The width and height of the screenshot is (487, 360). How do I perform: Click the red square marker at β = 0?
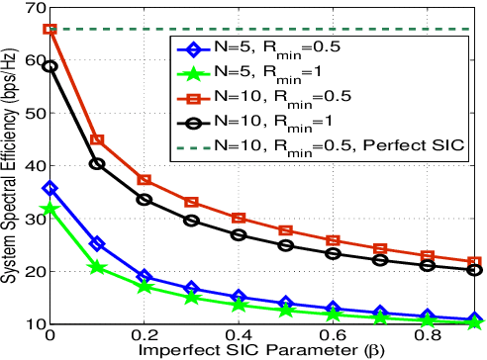pos(50,30)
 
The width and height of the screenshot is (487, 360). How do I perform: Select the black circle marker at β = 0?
pos(50,66)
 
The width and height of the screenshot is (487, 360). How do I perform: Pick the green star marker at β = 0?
pos(50,209)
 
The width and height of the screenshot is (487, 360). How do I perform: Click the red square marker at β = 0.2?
pos(145,180)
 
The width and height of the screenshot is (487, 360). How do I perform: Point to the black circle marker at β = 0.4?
pos(239,235)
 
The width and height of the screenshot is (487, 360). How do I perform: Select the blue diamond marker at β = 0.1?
pos(97,243)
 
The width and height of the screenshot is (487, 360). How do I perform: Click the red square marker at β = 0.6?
pos(333,240)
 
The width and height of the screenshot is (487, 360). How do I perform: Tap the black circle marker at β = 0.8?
pos(427,265)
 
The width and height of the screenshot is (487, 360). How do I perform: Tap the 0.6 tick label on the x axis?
pos(333,337)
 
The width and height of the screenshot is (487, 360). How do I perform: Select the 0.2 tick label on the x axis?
pos(145,337)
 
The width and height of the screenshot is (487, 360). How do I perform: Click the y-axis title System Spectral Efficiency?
pos(9,168)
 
